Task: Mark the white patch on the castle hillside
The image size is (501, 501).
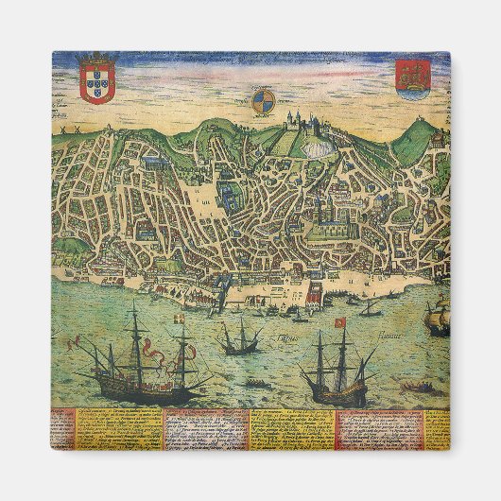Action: [x=331, y=143]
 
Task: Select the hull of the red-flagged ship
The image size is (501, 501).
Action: [x=337, y=388]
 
